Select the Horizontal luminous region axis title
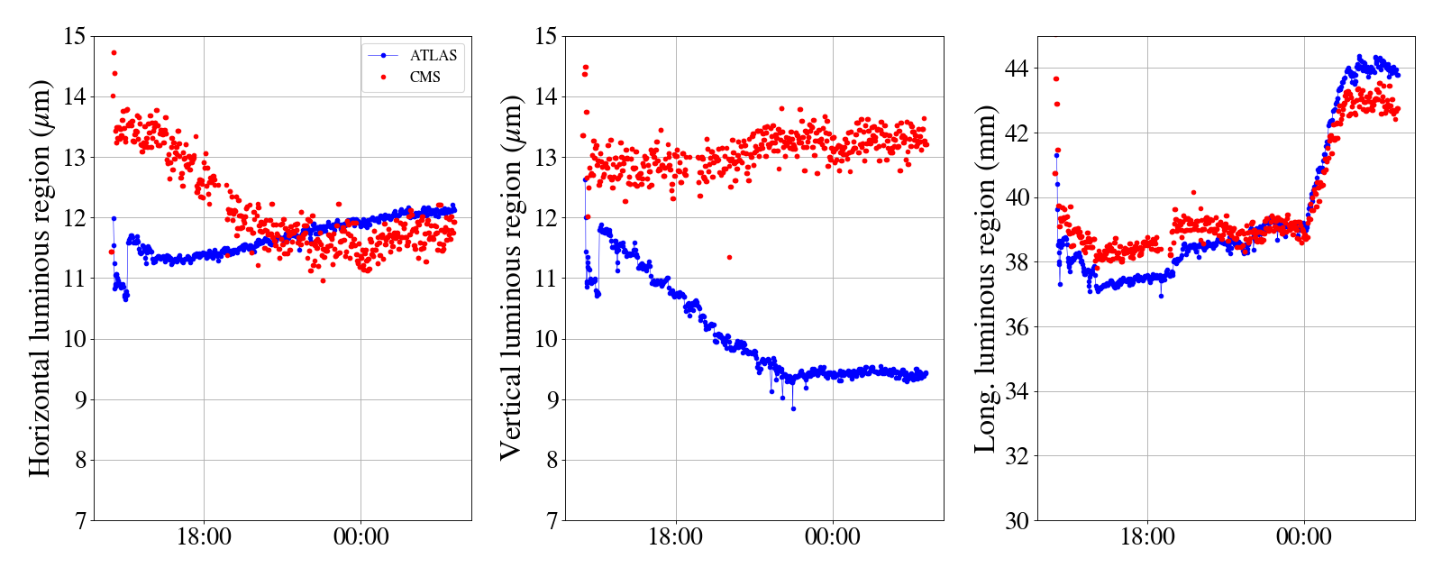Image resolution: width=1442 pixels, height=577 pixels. [x=40, y=278]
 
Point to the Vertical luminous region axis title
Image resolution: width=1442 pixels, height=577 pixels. [x=511, y=278]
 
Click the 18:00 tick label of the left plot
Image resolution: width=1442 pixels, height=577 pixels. [x=204, y=537]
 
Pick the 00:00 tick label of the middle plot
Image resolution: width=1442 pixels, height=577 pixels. [x=832, y=537]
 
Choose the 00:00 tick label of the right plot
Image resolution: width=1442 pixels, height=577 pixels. [x=1303, y=537]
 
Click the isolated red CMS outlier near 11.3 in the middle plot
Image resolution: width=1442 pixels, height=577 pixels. [x=729, y=258]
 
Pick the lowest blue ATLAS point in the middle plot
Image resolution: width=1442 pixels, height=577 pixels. [x=793, y=409]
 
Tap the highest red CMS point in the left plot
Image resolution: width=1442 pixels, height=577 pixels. [x=114, y=53]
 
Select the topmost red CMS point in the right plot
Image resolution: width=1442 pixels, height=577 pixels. [x=1056, y=79]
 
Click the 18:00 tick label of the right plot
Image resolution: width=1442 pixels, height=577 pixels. [x=1147, y=537]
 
